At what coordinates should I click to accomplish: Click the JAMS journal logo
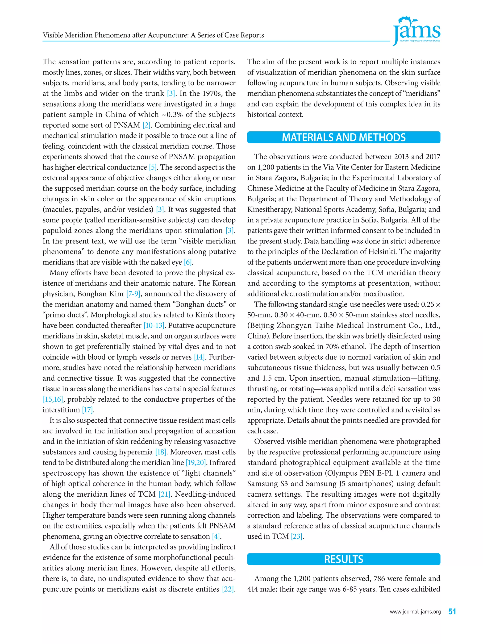pos(416,31)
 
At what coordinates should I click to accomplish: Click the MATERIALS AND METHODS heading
pos(344,137)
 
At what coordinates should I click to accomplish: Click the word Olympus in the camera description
pos(342,473)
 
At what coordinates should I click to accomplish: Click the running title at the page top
pos(153,35)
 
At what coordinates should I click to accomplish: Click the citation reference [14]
pos(200,357)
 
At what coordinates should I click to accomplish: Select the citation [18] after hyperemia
pos(161,452)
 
